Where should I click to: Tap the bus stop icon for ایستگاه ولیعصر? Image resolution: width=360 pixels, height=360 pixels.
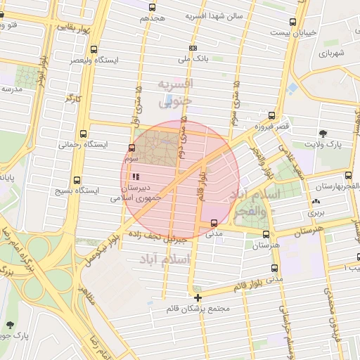click(x=94, y=49)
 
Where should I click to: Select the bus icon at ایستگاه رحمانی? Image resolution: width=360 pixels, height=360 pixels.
click(x=84, y=132)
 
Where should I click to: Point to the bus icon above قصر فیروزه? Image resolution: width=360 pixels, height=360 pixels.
click(x=271, y=115)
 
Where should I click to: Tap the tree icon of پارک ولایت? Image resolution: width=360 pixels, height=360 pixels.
click(x=323, y=133)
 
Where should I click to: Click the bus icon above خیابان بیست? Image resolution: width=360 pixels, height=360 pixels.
click(x=292, y=22)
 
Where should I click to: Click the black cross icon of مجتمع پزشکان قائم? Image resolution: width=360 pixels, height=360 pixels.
click(x=198, y=298)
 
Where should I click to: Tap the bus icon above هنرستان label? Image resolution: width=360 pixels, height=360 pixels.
click(x=265, y=234)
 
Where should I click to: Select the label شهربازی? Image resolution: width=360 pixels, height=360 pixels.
click(x=332, y=53)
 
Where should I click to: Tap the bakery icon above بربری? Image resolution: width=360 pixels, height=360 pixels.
click(x=314, y=202)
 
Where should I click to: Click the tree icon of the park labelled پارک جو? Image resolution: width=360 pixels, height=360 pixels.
click(x=10, y=324)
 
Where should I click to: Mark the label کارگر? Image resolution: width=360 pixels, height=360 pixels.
click(x=73, y=98)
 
